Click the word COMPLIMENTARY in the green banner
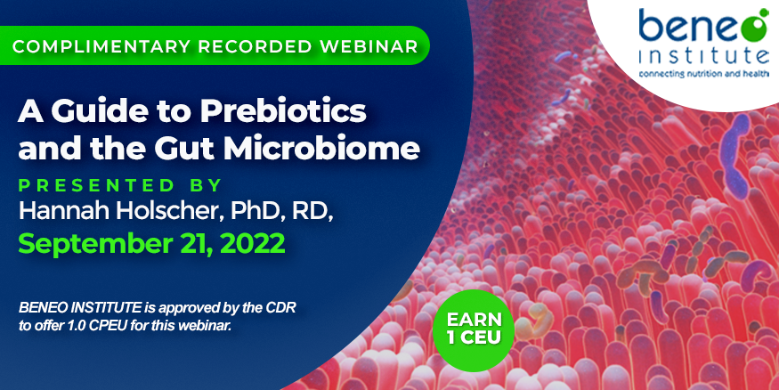(x=101, y=46)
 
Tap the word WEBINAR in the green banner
(x=369, y=46)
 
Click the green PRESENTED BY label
(x=119, y=185)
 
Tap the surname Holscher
(x=170, y=211)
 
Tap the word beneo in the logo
(x=695, y=27)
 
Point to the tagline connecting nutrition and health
(x=704, y=74)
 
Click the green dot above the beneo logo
(x=763, y=12)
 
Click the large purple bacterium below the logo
(x=734, y=157)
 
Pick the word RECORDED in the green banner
(x=256, y=46)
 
